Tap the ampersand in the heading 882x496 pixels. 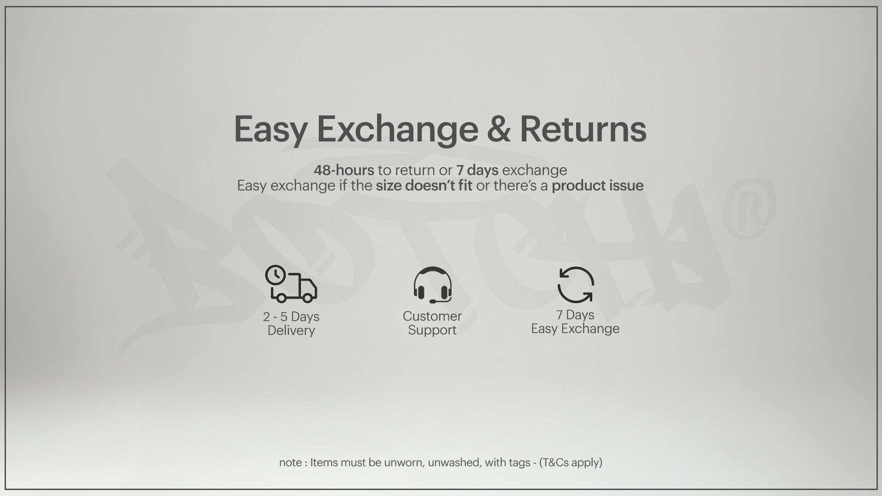pos(498,129)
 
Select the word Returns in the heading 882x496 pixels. pos(583,129)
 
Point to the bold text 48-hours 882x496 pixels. pos(344,170)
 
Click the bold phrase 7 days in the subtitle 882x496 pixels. pos(477,170)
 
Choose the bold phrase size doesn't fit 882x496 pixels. pos(424,186)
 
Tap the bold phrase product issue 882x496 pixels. pos(597,186)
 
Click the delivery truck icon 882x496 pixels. pos(291,284)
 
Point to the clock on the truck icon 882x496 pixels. pos(276,275)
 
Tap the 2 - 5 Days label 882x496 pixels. pos(291,317)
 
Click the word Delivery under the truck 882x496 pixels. pos(291,331)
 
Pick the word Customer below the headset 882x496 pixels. pos(432,316)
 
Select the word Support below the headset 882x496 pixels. pos(432,330)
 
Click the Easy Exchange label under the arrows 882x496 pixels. pos(575,329)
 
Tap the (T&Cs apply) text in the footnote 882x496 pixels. pos(571,462)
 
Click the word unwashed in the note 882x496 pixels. pos(455,462)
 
